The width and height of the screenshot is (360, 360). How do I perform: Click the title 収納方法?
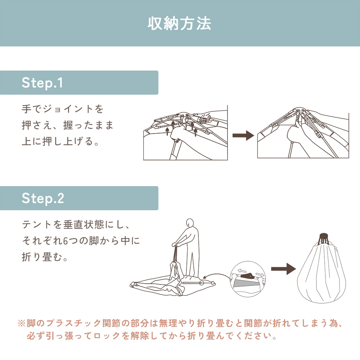(179, 23)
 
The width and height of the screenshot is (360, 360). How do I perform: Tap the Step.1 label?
(42, 83)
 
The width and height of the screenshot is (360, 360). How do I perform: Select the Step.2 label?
(43, 198)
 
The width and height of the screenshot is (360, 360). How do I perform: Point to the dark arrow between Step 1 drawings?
(243, 135)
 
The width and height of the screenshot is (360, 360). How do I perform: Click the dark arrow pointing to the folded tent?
(284, 269)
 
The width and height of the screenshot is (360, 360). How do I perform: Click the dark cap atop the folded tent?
(324, 236)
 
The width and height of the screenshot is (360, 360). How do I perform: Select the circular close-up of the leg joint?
(248, 279)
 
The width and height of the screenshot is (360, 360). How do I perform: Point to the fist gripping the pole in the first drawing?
(177, 134)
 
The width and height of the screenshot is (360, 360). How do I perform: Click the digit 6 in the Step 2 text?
(65, 241)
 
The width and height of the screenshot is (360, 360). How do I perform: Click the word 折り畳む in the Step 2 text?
(42, 257)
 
